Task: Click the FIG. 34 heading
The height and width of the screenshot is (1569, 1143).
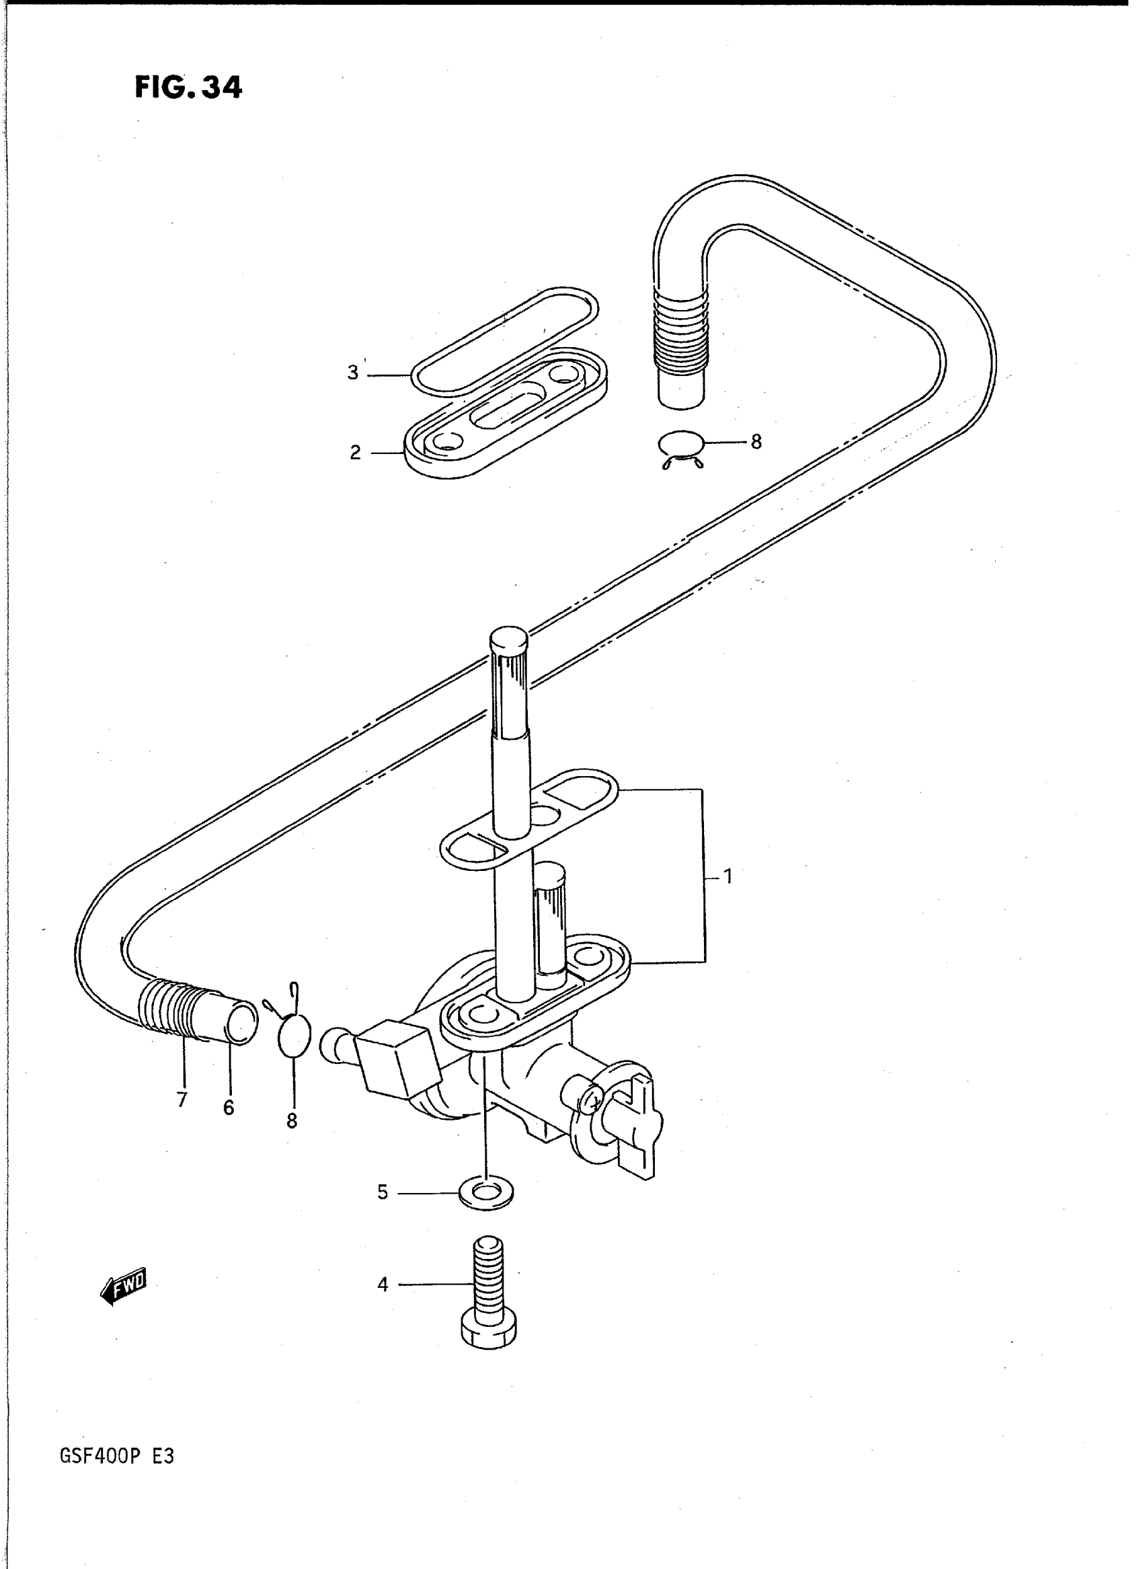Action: click(x=188, y=88)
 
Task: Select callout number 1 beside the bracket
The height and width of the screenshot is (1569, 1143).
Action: click(x=728, y=878)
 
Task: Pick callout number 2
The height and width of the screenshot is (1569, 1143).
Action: click(x=355, y=453)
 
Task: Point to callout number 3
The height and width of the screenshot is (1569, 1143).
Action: click(x=353, y=373)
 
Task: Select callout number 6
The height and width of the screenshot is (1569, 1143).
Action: click(x=229, y=1108)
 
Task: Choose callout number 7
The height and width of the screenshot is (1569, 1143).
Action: click(x=182, y=1100)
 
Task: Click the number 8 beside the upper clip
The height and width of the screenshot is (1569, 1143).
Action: click(x=756, y=442)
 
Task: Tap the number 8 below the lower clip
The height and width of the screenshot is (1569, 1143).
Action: click(x=292, y=1121)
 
